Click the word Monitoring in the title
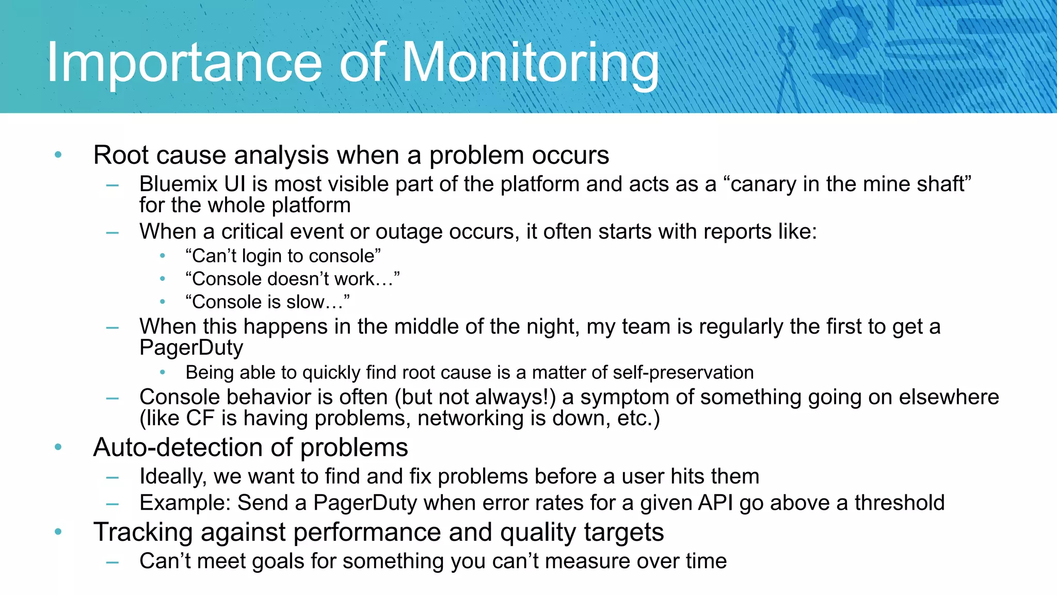(x=530, y=63)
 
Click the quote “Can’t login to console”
(x=283, y=256)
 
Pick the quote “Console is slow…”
(x=267, y=302)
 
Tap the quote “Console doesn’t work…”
(x=292, y=279)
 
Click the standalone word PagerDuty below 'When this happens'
(x=191, y=348)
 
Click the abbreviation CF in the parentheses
(x=200, y=418)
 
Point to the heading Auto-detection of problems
(x=250, y=447)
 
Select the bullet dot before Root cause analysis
(x=58, y=155)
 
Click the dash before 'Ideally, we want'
(x=113, y=478)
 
